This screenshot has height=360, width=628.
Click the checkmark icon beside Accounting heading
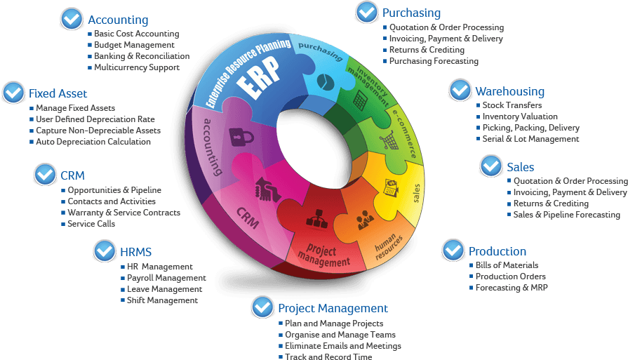tap(72, 18)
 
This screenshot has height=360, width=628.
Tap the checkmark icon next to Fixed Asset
tap(14, 92)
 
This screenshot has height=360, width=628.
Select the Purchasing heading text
tap(411, 13)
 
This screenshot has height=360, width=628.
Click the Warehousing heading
tap(509, 91)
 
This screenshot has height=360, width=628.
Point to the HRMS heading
tap(135, 251)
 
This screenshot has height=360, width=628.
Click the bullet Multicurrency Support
tap(137, 67)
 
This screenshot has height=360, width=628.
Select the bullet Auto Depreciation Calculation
tap(93, 142)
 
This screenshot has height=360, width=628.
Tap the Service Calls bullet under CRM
tap(91, 224)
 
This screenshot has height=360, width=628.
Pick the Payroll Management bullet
tap(166, 278)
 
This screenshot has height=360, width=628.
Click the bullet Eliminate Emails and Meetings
tap(343, 346)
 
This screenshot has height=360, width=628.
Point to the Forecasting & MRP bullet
tap(512, 288)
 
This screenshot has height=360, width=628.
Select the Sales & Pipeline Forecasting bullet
tap(566, 215)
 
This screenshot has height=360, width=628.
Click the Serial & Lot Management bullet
tap(530, 139)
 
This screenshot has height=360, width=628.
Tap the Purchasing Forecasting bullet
tap(434, 61)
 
